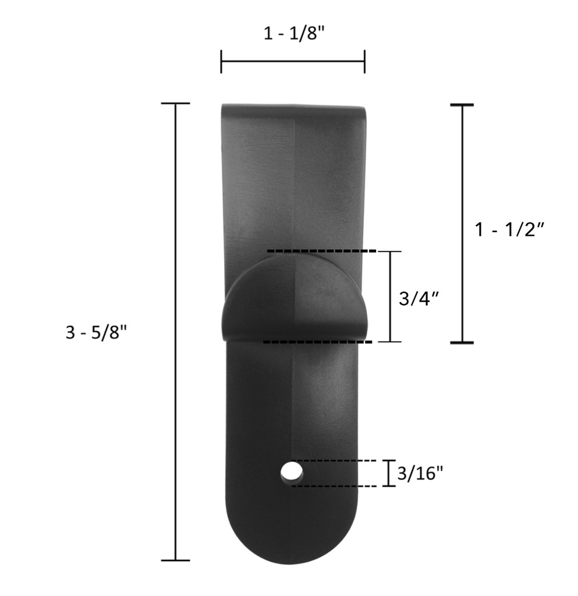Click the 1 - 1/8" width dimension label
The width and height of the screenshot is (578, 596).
click(x=293, y=33)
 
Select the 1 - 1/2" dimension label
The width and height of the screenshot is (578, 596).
click(x=509, y=229)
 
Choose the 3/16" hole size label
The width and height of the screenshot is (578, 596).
click(x=420, y=473)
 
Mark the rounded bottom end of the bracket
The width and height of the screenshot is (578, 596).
click(x=292, y=541)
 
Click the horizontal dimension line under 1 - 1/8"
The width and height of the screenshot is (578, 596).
click(x=293, y=61)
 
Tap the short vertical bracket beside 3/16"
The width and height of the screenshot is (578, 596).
click(x=388, y=473)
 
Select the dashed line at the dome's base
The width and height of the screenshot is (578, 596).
click(x=317, y=342)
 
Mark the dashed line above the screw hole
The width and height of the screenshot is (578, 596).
click(x=338, y=460)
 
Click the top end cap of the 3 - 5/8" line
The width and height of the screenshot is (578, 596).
click(x=176, y=104)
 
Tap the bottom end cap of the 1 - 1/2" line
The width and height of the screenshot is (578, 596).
click(x=462, y=343)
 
